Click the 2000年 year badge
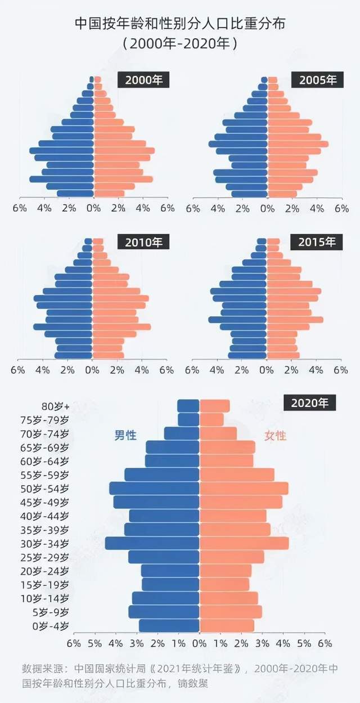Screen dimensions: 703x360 [x=143, y=80]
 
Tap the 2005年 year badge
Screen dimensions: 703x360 [x=318, y=80]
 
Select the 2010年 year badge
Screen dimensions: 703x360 [x=143, y=242]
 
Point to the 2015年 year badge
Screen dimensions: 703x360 [x=317, y=242]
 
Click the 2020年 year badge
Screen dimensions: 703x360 [x=313, y=403]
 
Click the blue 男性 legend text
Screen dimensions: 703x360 [x=125, y=435]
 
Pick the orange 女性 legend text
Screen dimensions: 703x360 [x=275, y=435]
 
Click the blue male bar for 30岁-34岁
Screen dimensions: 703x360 [x=152, y=543]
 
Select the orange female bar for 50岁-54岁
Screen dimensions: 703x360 [x=244, y=488]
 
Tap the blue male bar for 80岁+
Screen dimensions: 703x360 [x=188, y=406]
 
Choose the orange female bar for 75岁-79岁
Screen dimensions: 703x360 [x=211, y=419]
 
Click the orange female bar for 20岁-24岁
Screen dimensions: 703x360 [x=225, y=570]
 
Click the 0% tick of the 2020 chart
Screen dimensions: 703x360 [x=199, y=643]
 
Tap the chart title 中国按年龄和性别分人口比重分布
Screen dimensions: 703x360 [x=180, y=24]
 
